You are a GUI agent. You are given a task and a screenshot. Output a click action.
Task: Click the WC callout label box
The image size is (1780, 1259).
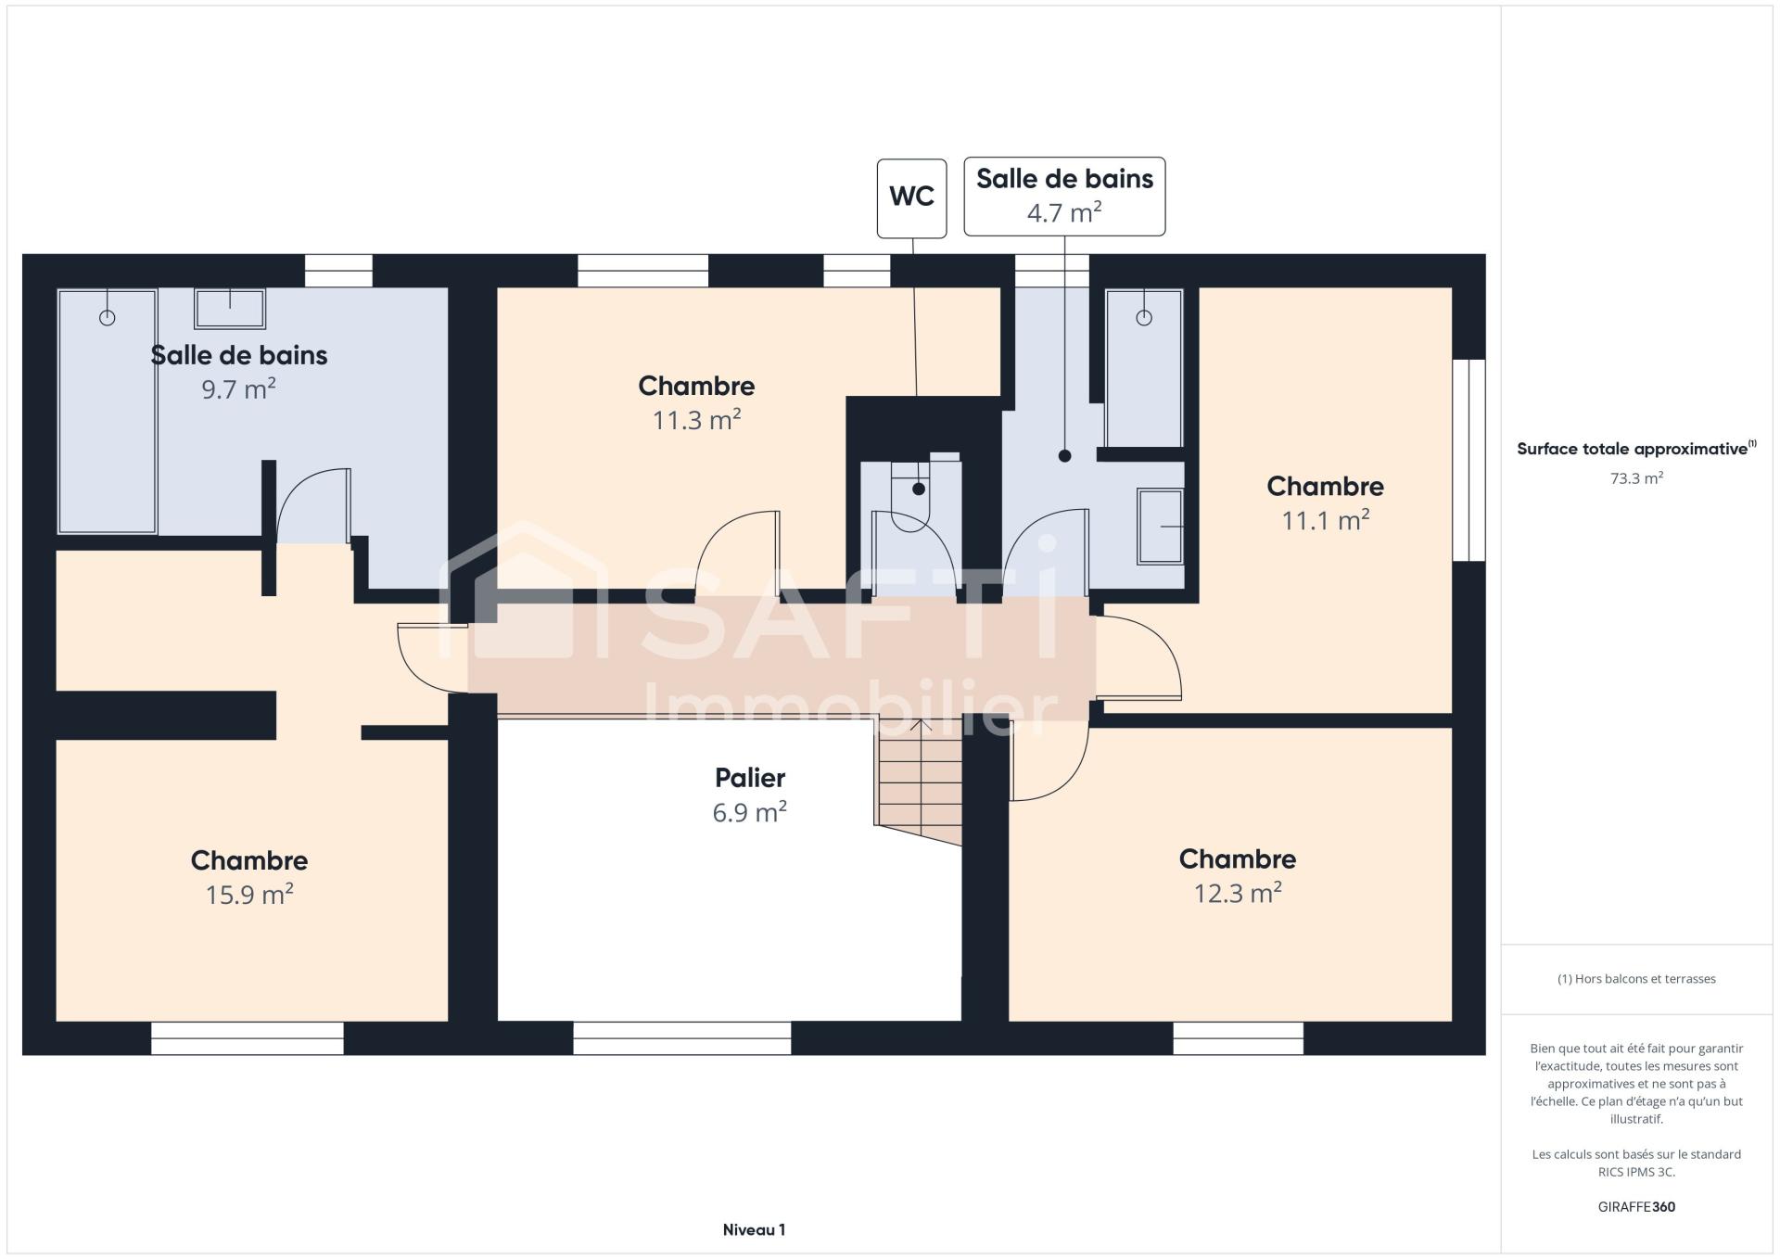(x=911, y=197)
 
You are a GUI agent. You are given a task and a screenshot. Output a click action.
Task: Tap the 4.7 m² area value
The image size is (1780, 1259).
(x=1064, y=213)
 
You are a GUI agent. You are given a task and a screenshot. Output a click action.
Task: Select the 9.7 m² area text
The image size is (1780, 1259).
(x=239, y=389)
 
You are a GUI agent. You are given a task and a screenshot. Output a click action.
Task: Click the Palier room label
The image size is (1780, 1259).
(x=750, y=778)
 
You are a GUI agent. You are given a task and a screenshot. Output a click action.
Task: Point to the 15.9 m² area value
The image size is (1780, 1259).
(x=249, y=895)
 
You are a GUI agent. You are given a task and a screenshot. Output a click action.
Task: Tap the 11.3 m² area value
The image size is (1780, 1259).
(x=696, y=421)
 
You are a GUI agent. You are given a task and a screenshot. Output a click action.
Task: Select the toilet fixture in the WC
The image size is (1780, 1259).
(x=910, y=496)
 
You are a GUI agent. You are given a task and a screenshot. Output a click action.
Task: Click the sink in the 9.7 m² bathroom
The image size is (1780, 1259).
(x=230, y=309)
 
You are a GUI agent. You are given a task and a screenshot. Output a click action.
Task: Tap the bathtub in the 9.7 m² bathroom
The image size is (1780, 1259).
(x=108, y=412)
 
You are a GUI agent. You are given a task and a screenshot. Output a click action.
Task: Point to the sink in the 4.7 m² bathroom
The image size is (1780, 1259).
(x=1161, y=527)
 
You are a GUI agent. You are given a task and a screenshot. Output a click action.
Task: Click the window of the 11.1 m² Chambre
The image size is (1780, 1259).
(x=1468, y=461)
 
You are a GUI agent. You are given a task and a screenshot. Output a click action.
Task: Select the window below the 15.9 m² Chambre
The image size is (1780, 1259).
(x=248, y=1038)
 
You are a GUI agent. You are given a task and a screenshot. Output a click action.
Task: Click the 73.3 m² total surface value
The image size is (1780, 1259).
(x=1636, y=479)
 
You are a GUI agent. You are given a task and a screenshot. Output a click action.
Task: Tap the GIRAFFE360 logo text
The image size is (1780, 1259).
(x=1636, y=1207)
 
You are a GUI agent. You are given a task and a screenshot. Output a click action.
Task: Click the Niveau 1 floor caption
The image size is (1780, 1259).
(x=754, y=1230)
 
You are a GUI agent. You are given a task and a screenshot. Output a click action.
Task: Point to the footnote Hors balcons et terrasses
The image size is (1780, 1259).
(x=1636, y=979)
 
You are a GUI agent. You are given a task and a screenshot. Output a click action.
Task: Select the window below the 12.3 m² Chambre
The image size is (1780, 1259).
(x=1239, y=1038)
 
